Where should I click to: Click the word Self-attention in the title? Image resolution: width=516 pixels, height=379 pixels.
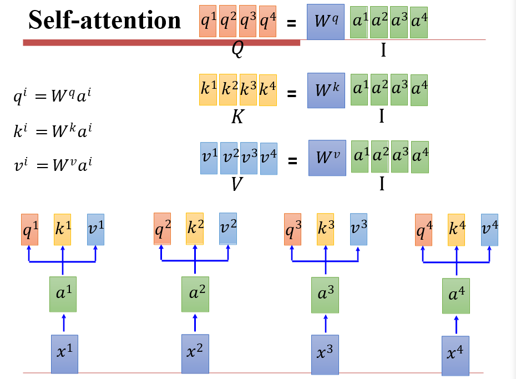pyautogui.click(x=105, y=21)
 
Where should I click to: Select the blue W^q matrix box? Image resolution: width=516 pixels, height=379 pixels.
pyautogui.click(x=325, y=22)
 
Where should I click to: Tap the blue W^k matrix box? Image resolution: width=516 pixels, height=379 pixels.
pyautogui.click(x=326, y=90)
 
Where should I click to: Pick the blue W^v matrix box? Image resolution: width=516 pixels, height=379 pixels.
pyautogui.click(x=327, y=158)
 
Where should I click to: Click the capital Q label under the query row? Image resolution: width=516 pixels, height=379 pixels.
pyautogui.click(x=237, y=50)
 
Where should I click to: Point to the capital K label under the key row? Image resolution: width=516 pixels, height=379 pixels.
pyautogui.click(x=237, y=117)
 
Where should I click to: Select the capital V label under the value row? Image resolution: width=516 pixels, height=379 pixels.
pyautogui.click(x=237, y=184)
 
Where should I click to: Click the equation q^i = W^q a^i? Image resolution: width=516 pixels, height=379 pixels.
pyautogui.click(x=52, y=97)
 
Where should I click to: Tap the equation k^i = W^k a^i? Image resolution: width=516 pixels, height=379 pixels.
pyautogui.click(x=52, y=131)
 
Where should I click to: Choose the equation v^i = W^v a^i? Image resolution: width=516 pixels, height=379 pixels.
pyautogui.click(x=52, y=165)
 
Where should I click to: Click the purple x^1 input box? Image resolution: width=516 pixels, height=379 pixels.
pyautogui.click(x=64, y=353)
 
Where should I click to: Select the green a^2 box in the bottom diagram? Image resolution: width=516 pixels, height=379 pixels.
pyautogui.click(x=195, y=294)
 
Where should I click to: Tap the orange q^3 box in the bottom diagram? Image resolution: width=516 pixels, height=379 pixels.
pyautogui.click(x=292, y=230)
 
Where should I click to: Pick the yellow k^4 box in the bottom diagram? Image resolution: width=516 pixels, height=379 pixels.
pyautogui.click(x=457, y=230)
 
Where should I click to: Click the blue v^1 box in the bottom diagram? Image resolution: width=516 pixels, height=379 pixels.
pyautogui.click(x=95, y=230)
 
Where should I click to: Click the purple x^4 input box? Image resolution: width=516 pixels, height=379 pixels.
pyautogui.click(x=456, y=355)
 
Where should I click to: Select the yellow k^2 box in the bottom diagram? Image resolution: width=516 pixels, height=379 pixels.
pyautogui.click(x=195, y=229)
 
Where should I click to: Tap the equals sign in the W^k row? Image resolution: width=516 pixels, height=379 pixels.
pyautogui.click(x=291, y=94)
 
